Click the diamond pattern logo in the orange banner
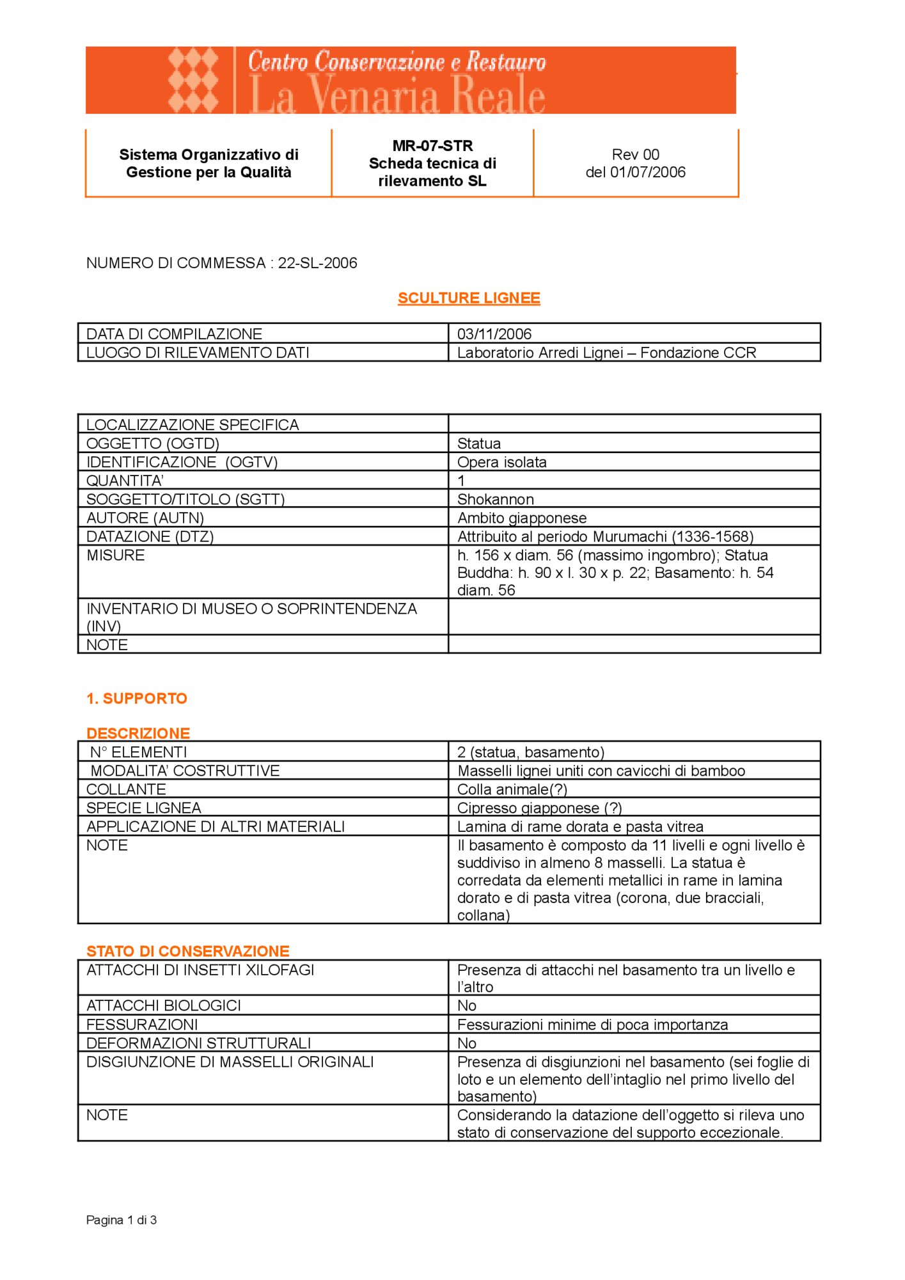click(x=193, y=81)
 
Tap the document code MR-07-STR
click(x=432, y=146)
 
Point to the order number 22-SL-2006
click(x=317, y=263)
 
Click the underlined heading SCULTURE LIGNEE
click(x=469, y=298)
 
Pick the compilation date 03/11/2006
click(x=494, y=334)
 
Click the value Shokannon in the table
click(x=496, y=499)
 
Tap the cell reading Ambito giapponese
click(x=522, y=518)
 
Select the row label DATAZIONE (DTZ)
click(x=150, y=536)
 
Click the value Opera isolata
click(x=502, y=462)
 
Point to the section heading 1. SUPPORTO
click(x=137, y=698)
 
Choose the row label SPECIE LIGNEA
click(x=144, y=808)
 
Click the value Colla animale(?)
click(x=512, y=789)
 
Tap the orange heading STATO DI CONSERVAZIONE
click(x=188, y=951)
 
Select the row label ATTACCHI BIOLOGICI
click(x=164, y=1005)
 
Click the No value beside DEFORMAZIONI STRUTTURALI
click(x=467, y=1043)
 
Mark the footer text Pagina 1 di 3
click(x=122, y=1220)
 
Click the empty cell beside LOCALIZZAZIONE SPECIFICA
click(x=634, y=424)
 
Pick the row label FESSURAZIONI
click(x=142, y=1024)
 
